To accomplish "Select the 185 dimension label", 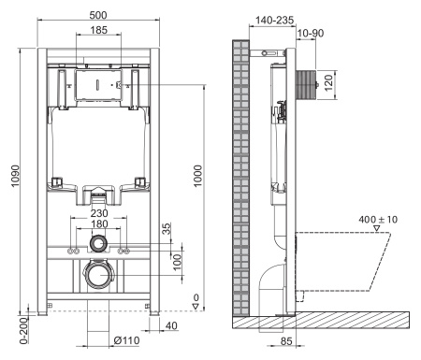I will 96,31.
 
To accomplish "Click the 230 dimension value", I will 97,212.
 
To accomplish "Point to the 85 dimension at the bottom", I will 288,339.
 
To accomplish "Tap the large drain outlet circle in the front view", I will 97,276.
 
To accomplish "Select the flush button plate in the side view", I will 307,83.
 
